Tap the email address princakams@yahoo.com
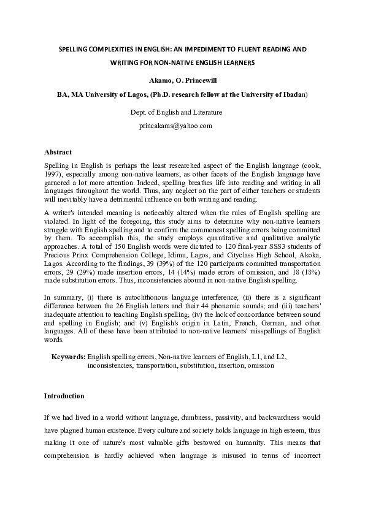point(176,125)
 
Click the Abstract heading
point(58,152)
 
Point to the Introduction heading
point(64,396)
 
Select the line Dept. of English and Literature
point(176,112)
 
